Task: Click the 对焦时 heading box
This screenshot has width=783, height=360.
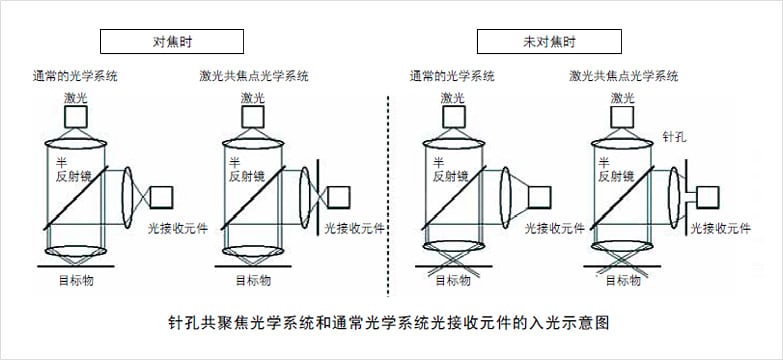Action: (x=172, y=41)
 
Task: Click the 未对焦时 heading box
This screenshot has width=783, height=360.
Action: (x=549, y=41)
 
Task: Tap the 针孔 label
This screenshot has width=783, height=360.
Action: (x=674, y=136)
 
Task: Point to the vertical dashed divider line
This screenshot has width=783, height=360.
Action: (x=388, y=196)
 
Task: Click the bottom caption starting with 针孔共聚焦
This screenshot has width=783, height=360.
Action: (x=389, y=323)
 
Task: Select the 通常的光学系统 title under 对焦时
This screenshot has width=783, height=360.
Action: (x=75, y=76)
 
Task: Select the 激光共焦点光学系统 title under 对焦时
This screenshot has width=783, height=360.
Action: (x=254, y=76)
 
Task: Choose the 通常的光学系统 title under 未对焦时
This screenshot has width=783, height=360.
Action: (x=452, y=76)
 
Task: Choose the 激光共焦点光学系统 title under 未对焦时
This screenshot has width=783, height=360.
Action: (x=624, y=76)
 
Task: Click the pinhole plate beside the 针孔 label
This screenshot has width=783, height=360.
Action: (x=687, y=196)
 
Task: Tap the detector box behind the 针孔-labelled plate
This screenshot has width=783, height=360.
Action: (x=708, y=197)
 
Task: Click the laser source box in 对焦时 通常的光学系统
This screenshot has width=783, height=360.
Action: (x=76, y=117)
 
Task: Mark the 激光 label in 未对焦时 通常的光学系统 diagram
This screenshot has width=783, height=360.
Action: (x=453, y=98)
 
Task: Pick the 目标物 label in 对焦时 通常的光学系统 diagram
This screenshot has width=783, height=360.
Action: (x=76, y=281)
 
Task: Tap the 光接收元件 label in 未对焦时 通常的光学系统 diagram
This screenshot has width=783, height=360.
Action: (x=554, y=229)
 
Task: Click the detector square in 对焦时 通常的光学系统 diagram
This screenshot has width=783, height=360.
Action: (x=161, y=197)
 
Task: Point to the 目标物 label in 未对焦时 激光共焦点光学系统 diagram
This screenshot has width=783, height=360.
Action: (x=623, y=281)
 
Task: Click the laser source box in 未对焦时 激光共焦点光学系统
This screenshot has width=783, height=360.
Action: (x=623, y=117)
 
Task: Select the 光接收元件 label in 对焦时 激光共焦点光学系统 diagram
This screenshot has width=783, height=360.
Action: (x=355, y=229)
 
